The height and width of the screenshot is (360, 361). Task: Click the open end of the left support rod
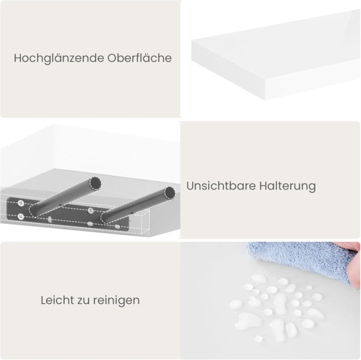click(x=94, y=182)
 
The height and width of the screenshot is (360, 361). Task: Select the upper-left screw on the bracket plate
click(x=22, y=203)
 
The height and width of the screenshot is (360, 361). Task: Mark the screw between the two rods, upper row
click(x=90, y=211)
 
